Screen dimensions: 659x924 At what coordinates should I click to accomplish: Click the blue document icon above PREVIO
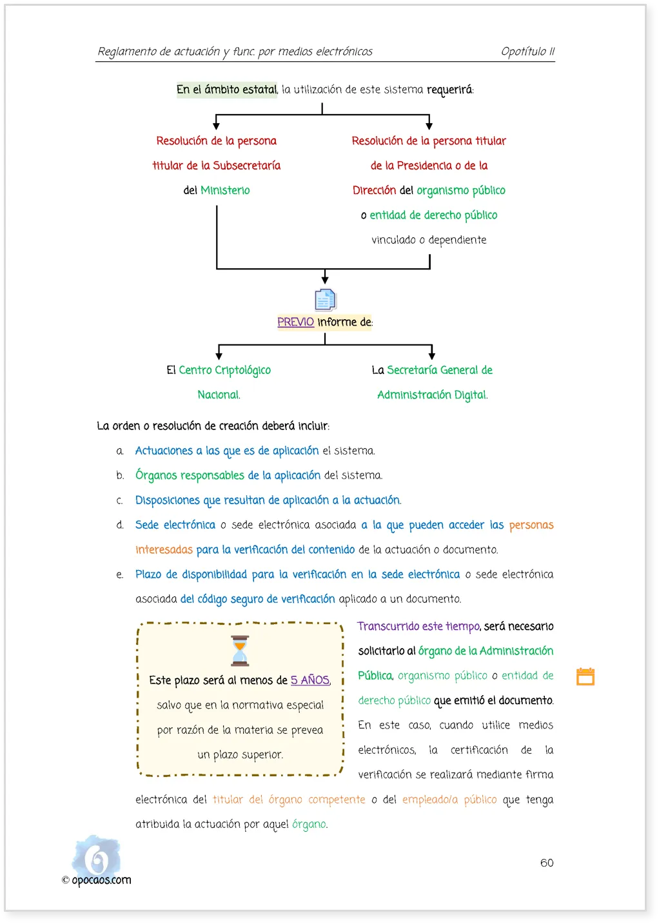tap(325, 299)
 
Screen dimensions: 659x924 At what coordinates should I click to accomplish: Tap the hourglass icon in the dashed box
tap(240, 651)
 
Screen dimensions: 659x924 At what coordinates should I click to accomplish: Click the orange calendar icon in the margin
tap(585, 676)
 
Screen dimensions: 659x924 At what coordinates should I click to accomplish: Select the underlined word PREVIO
tap(295, 322)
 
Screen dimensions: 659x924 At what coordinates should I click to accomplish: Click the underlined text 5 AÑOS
tap(310, 680)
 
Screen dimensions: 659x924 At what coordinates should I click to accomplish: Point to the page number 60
tap(546, 863)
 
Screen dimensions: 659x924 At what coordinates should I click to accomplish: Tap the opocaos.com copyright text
tap(97, 880)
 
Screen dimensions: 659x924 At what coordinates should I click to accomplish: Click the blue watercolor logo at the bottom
tap(96, 855)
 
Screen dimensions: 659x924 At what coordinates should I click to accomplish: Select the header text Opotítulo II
tap(527, 51)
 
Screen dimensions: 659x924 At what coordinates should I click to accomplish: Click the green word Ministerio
tap(225, 190)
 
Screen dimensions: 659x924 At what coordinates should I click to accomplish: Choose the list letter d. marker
tap(119, 525)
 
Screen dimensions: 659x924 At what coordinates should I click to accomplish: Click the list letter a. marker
tap(119, 451)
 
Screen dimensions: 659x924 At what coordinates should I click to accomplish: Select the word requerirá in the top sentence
tap(449, 90)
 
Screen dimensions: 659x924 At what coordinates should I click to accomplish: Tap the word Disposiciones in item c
tap(168, 500)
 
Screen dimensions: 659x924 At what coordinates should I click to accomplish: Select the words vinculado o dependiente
tap(429, 240)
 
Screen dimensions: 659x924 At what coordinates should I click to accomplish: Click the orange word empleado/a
tap(430, 800)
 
